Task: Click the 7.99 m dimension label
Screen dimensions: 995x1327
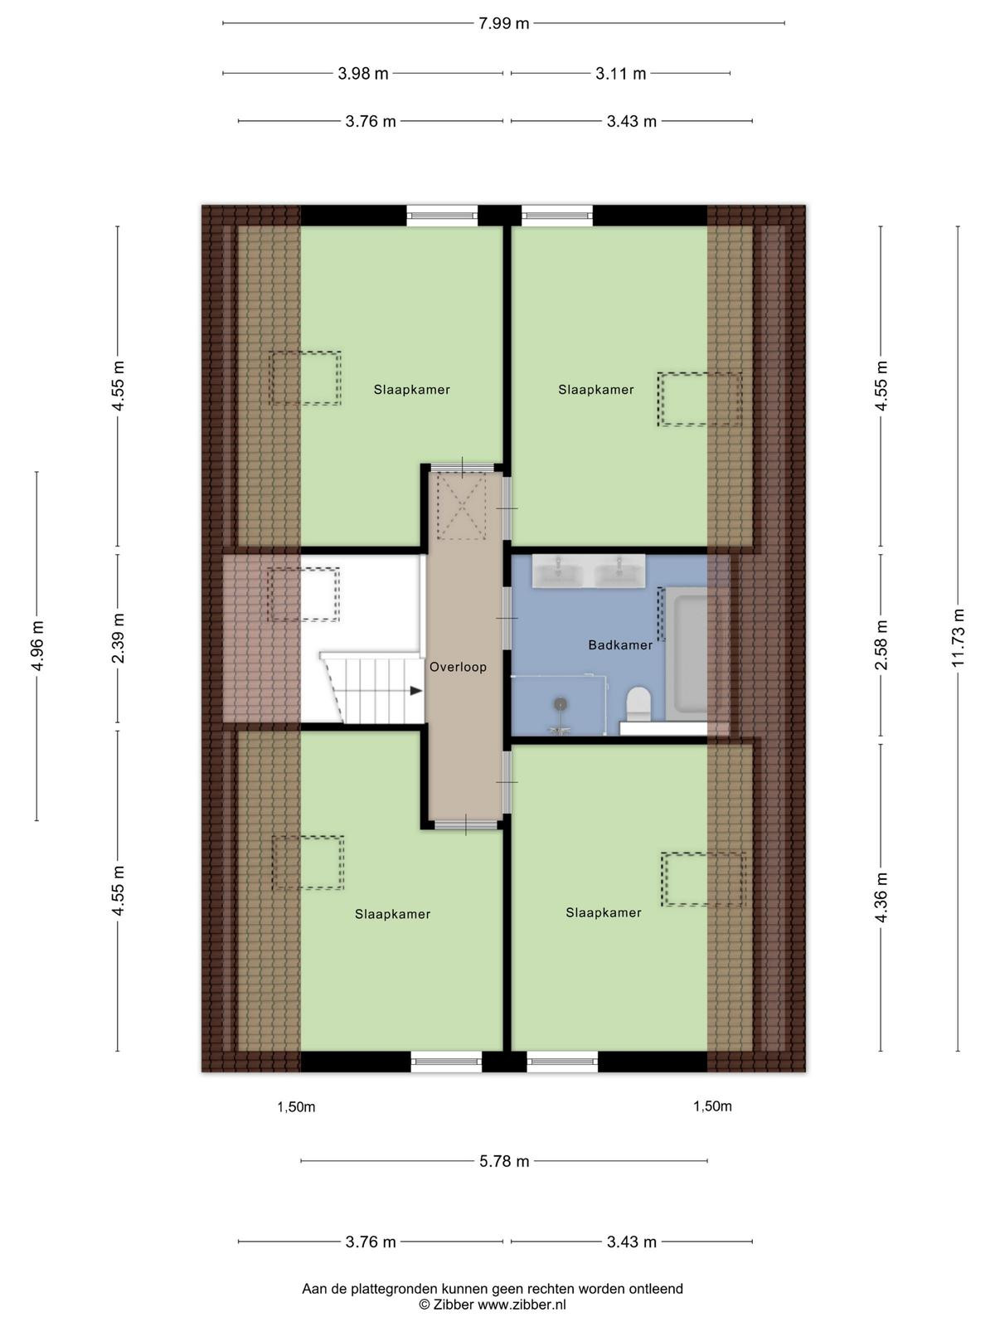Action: [503, 23]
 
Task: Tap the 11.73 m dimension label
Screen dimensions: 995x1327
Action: [959, 637]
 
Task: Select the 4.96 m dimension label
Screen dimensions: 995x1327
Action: [36, 645]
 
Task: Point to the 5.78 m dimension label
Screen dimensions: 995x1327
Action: [504, 1161]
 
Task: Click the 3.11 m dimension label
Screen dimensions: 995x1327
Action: [620, 74]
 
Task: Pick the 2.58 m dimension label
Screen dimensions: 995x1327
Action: [881, 644]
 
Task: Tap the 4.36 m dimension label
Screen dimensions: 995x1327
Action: [881, 897]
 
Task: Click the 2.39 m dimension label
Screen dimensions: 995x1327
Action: [118, 638]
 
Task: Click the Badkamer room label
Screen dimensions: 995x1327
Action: [620, 645]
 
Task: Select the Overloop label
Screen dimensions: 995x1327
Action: [458, 667]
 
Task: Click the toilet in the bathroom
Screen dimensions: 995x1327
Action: [638, 703]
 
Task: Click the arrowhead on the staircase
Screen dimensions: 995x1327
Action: [416, 690]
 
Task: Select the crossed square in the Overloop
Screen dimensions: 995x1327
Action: [462, 506]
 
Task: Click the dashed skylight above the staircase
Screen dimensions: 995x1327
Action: [303, 595]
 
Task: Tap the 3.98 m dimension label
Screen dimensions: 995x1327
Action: [362, 74]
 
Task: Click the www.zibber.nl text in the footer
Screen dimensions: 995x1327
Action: [522, 1305]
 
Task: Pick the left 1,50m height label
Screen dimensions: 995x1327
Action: [296, 1107]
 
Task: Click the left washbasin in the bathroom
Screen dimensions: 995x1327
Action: [556, 571]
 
